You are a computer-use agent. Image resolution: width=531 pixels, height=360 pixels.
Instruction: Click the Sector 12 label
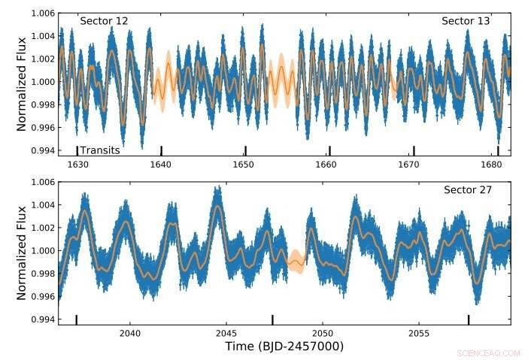(x=104, y=21)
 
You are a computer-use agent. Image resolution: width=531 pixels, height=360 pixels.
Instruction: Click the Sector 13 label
(x=466, y=21)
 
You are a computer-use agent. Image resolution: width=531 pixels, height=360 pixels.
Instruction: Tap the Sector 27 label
(x=466, y=189)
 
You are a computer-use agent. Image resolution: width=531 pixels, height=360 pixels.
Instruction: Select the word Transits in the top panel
(x=100, y=150)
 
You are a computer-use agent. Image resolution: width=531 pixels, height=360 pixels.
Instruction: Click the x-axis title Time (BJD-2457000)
(x=284, y=346)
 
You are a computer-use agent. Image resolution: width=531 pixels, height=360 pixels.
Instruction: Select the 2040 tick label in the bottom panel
(x=130, y=333)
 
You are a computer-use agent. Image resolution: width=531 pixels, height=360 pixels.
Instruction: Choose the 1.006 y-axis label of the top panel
(x=43, y=14)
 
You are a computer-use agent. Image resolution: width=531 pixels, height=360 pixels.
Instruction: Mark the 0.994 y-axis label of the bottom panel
(x=43, y=320)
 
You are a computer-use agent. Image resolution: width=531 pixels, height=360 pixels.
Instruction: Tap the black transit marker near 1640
(x=161, y=150)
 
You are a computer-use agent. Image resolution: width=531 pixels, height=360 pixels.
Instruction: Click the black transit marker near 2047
(x=272, y=319)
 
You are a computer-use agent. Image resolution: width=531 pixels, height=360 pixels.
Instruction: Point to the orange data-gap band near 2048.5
(x=296, y=262)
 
